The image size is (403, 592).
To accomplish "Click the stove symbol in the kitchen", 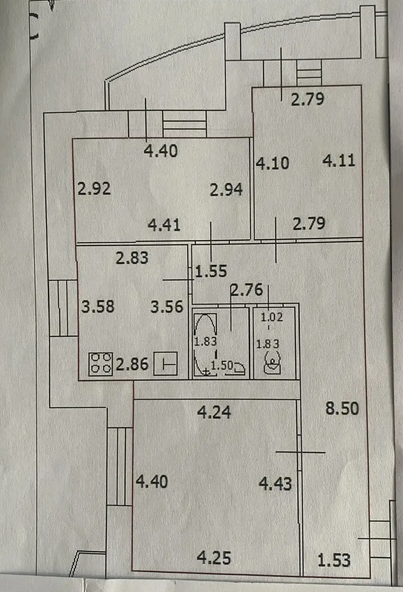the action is point(101,364).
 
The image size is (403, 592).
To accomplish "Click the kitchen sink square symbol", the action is point(165,363).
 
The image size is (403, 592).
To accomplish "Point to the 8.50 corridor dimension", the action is point(342,408).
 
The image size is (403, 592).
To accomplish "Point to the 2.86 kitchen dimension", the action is point(132,365).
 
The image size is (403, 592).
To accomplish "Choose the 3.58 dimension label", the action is point(98,307).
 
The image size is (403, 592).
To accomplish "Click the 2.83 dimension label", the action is point(132,258).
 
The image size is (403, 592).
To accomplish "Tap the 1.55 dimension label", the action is point(211,271).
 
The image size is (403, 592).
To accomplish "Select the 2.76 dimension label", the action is point(247,290).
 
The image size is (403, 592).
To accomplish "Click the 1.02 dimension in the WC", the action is point(272,317).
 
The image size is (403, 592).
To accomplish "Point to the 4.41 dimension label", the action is point(164,225).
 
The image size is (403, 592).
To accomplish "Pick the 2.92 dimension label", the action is point(94,189).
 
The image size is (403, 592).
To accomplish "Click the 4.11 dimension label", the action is point(339,161).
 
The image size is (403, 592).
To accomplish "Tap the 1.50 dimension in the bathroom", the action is point(222,365).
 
